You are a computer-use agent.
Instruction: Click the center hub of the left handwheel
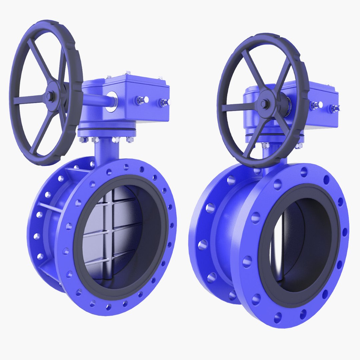click(51, 96)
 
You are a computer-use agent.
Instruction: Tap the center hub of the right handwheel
click(265, 104)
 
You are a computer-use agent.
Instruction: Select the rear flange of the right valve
click(200, 233)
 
